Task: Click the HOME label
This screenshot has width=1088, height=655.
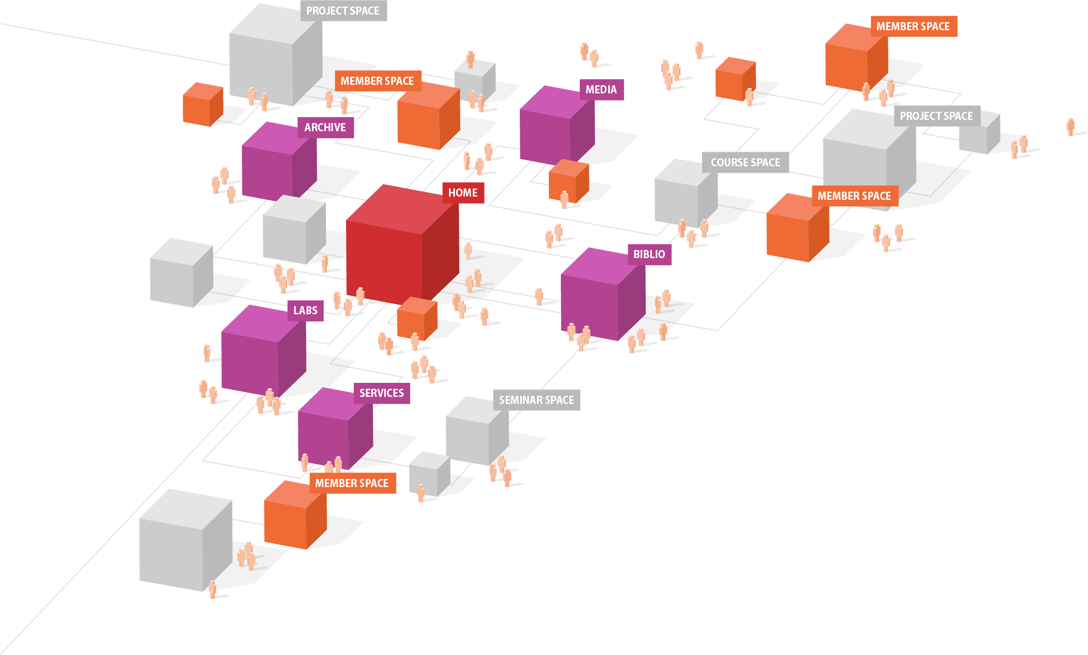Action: pos(463,193)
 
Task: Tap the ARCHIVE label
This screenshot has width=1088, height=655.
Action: pos(325,127)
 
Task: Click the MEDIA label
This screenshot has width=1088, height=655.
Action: pos(601,90)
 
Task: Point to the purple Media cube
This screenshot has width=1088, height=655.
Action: pos(556,127)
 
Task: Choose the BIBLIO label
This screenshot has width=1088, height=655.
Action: pos(649,254)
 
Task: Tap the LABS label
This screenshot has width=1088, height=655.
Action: pos(305,310)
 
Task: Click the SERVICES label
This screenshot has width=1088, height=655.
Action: pos(382,393)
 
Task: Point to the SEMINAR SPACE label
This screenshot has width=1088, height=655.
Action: pos(536,400)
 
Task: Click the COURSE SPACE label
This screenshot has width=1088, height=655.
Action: pos(745,163)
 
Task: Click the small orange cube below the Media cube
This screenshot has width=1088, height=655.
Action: pos(568,181)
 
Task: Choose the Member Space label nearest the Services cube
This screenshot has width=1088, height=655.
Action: pos(352,483)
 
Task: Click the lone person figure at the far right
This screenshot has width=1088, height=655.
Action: pos(1070,127)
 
